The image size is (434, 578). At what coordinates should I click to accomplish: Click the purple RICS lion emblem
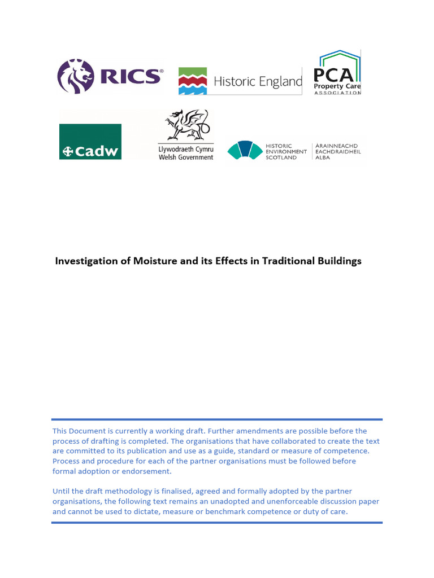pyautogui.click(x=76, y=76)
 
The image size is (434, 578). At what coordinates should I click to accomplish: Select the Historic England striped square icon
pyautogui.click(x=193, y=81)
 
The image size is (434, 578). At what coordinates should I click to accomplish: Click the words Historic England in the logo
pyautogui.click(x=258, y=82)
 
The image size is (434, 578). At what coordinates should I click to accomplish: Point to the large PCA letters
pyautogui.click(x=337, y=75)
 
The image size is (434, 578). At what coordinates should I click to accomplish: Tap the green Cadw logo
pyautogui.click(x=90, y=142)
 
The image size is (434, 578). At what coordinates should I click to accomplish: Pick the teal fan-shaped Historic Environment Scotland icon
pyautogui.click(x=245, y=150)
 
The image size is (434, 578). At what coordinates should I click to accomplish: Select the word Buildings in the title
pyautogui.click(x=340, y=261)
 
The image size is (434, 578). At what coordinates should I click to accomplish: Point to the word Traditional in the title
pyautogui.click(x=287, y=261)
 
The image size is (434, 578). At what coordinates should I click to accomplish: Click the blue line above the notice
pyautogui.click(x=217, y=419)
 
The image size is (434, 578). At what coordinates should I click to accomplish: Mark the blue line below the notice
pyautogui.click(x=217, y=523)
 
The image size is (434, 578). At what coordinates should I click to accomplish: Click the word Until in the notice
pyautogui.click(x=62, y=491)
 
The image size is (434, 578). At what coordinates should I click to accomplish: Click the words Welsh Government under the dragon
pyautogui.click(x=186, y=157)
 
